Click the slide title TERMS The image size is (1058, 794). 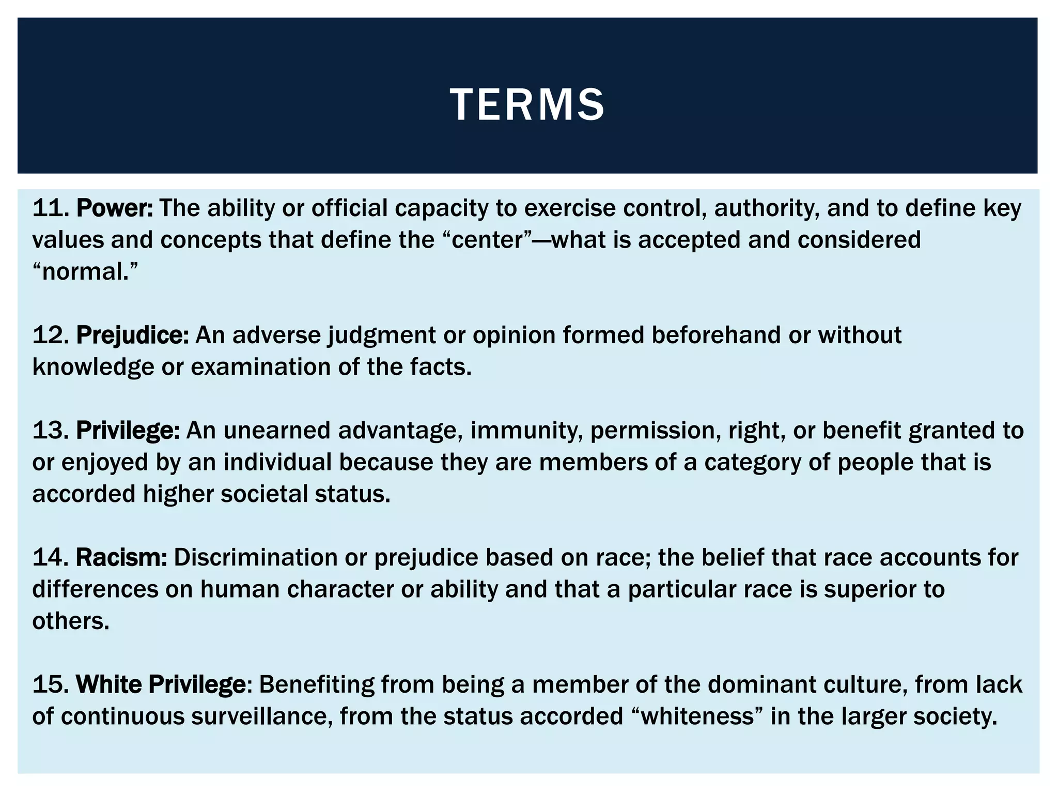tap(527, 105)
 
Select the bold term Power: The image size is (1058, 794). tap(115, 208)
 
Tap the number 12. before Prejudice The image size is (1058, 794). tap(51, 335)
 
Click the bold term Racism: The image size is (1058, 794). tap(121, 557)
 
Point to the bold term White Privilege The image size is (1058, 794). tap(161, 684)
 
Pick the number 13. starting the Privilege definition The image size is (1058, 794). tap(51, 431)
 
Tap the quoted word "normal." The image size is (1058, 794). tap(85, 271)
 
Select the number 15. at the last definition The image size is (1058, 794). tap(51, 684)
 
